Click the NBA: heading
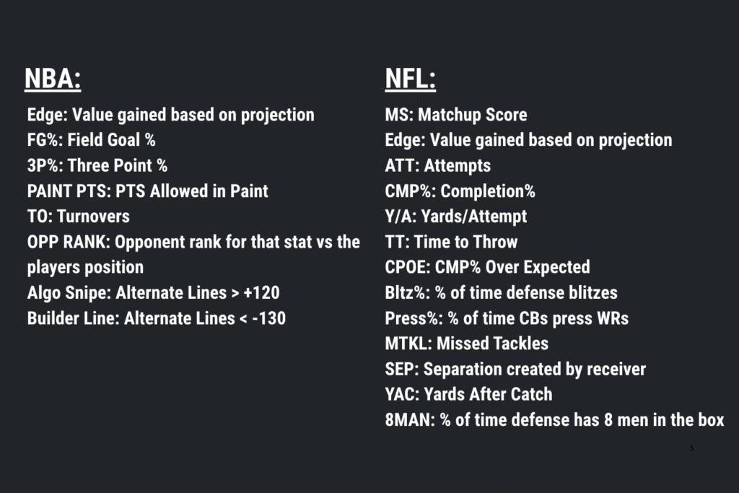[53, 78]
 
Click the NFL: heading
[411, 78]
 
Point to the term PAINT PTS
[69, 191]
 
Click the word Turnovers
[93, 217]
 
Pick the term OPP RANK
[66, 242]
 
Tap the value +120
[261, 292]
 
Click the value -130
[269, 318]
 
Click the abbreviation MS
[398, 115]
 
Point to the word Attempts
[457, 165]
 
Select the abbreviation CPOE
[406, 267]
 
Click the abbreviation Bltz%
[406, 292]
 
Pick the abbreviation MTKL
[406, 344]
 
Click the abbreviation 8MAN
[408, 420]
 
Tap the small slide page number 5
[691, 448]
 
